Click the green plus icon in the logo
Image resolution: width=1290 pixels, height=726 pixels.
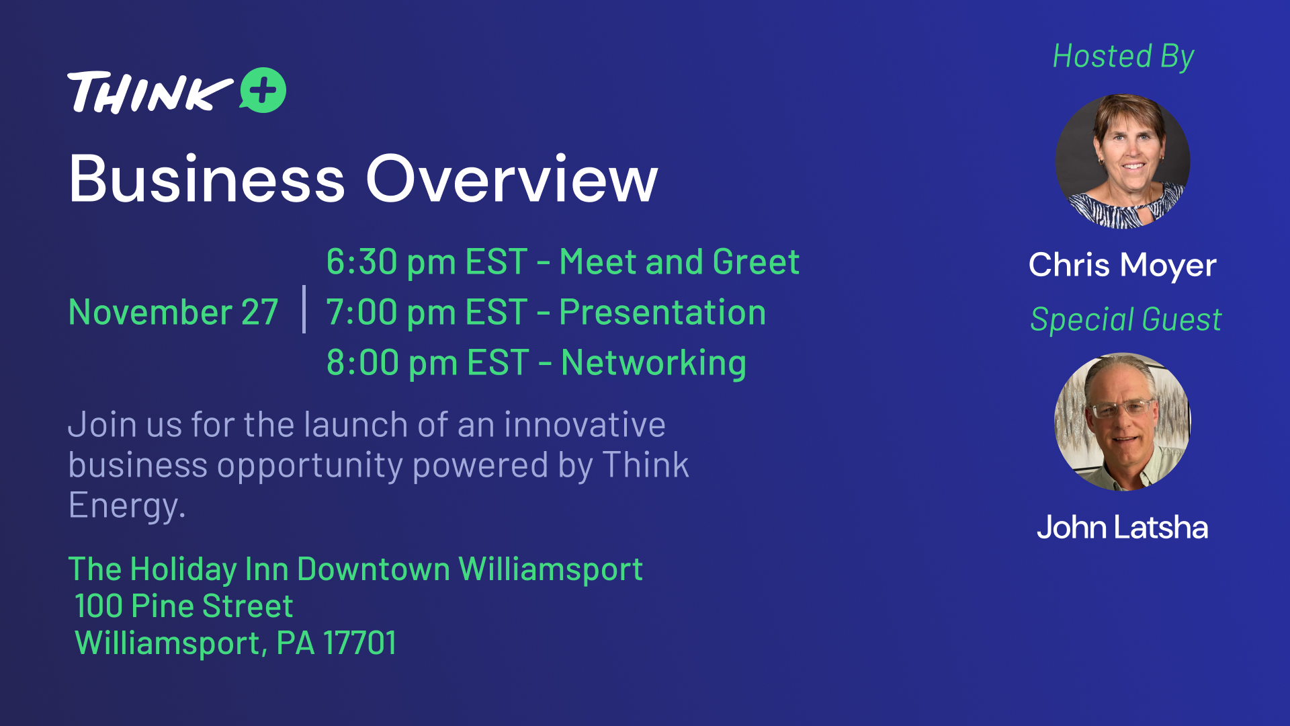coord(263,90)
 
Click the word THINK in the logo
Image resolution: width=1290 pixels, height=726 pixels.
coord(150,92)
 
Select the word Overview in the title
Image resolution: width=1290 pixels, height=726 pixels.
coord(512,179)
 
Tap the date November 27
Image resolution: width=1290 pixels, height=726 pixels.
coord(173,313)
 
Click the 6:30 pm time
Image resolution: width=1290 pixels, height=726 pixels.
coord(392,262)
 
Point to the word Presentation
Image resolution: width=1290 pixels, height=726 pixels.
coord(662,313)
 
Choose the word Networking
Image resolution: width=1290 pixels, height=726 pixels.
coord(654,364)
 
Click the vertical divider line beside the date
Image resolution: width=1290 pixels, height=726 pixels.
coord(304,309)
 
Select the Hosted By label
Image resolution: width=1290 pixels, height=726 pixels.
coord(1123,56)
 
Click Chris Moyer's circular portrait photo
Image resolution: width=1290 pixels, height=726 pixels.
coord(1123,161)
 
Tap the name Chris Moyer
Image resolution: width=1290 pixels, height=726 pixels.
coord(1123,265)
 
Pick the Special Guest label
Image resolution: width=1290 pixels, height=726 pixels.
coord(1126,319)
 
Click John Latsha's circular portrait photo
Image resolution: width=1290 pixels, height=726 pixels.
coord(1123,422)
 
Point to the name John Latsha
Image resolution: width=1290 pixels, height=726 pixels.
coord(1123,527)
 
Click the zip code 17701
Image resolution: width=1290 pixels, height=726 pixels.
coord(360,643)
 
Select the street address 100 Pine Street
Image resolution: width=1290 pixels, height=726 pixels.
coord(184,606)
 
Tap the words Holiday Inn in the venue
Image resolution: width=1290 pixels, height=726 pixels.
coord(209,569)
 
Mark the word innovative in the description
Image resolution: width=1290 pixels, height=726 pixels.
coord(585,425)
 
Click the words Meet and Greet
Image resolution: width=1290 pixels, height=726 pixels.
coord(679,262)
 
